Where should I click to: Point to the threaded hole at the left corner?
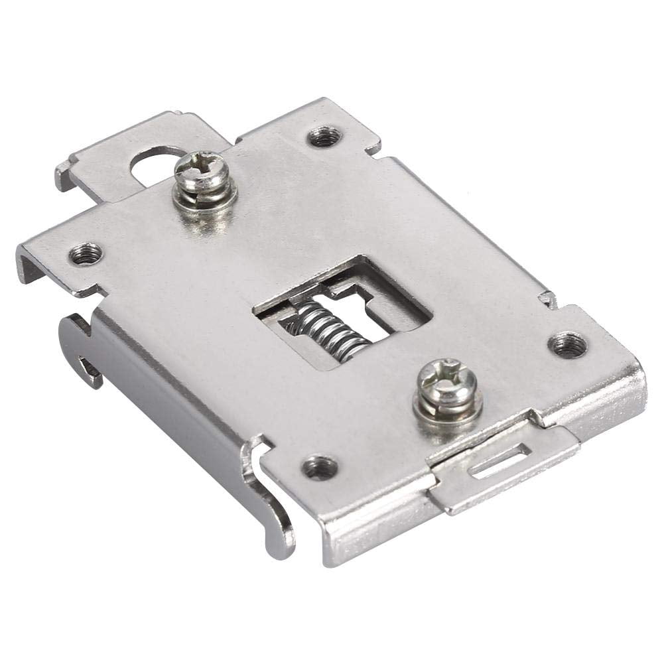[x=86, y=253]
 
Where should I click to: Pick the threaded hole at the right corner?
[x=568, y=342]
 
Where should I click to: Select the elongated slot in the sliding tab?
[x=502, y=463]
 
